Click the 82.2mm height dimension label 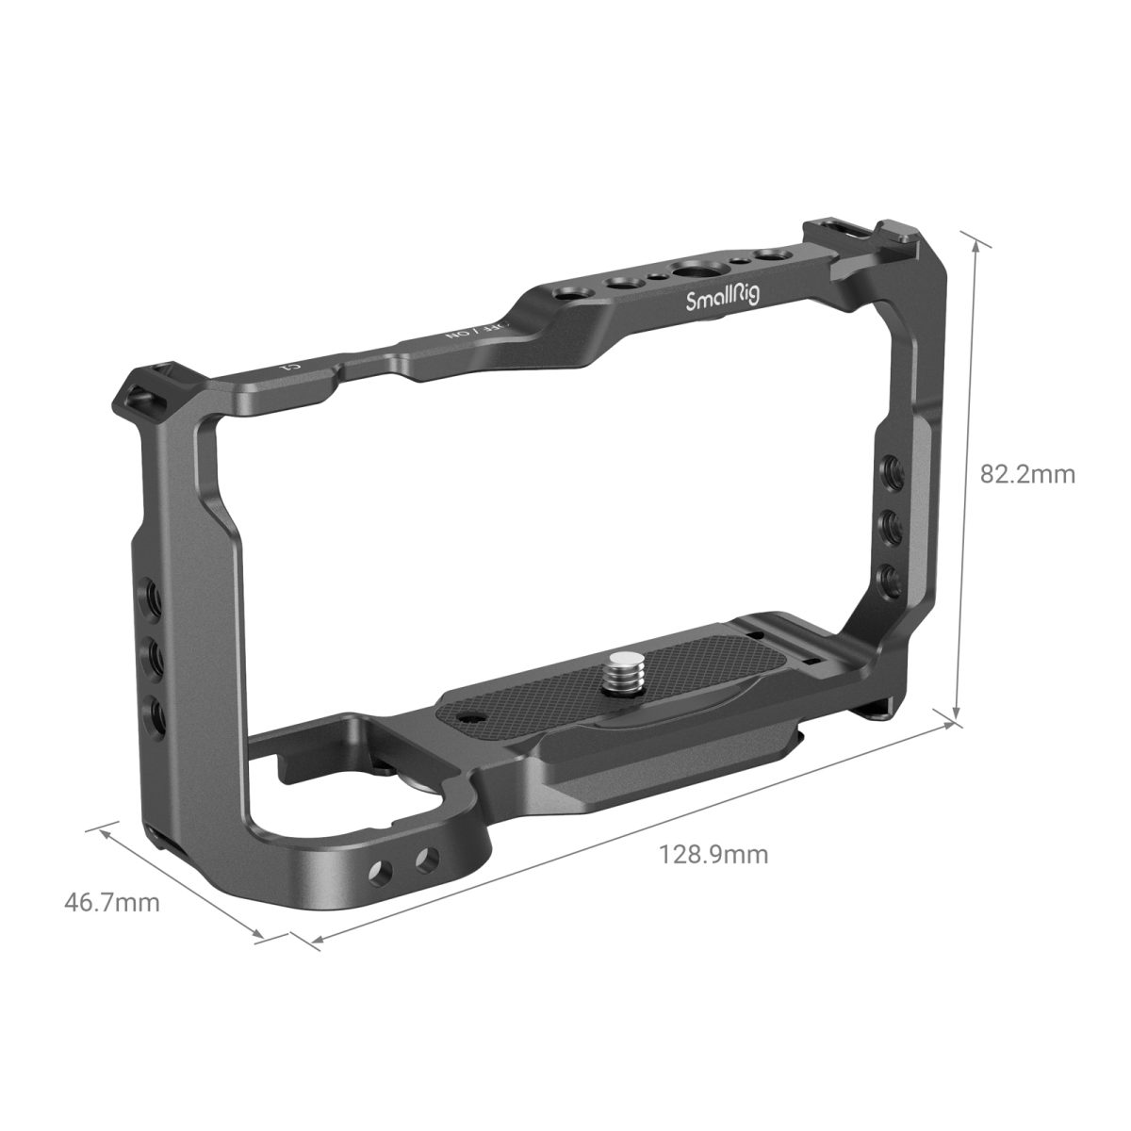coord(1027,474)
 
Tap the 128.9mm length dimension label coord(713,855)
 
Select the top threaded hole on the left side coord(150,594)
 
